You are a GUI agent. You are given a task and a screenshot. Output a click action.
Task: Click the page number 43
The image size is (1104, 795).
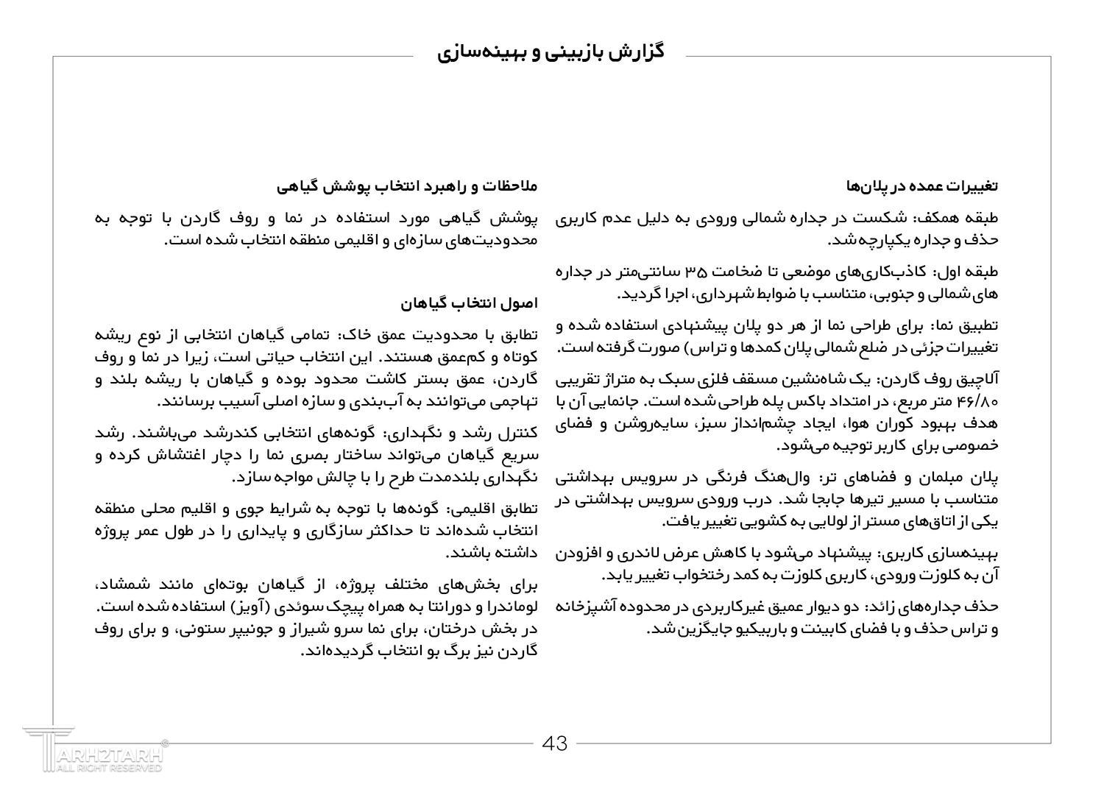(555, 743)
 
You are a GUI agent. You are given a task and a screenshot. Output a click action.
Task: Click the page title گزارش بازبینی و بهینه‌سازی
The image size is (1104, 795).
(551, 52)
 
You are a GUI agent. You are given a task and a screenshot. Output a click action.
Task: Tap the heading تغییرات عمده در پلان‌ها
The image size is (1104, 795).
(922, 186)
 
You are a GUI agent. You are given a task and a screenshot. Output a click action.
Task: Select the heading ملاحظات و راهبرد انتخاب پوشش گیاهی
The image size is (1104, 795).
(407, 186)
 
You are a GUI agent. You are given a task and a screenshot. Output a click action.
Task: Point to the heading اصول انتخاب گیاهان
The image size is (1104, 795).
(470, 303)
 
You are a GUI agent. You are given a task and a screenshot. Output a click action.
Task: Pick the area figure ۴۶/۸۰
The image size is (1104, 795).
(977, 402)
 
